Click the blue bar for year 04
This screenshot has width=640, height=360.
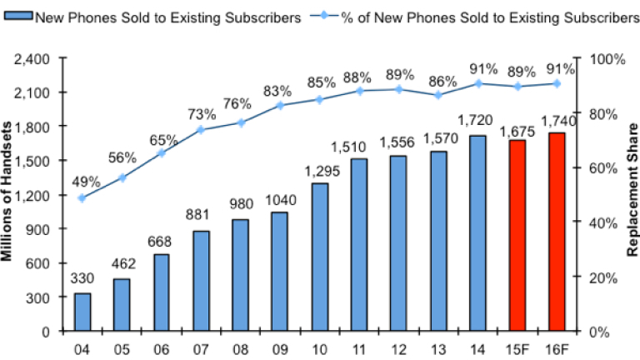pyautogui.click(x=82, y=312)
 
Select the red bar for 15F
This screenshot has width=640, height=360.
pyautogui.click(x=517, y=235)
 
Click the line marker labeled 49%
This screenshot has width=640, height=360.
pyautogui.click(x=82, y=198)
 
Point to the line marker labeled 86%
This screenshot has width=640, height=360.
pyautogui.click(x=438, y=95)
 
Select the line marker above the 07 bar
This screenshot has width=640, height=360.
pyautogui.click(x=201, y=129)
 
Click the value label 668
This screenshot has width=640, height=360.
pyautogui.click(x=162, y=242)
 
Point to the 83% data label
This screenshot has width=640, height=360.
pyautogui.click(x=278, y=91)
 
